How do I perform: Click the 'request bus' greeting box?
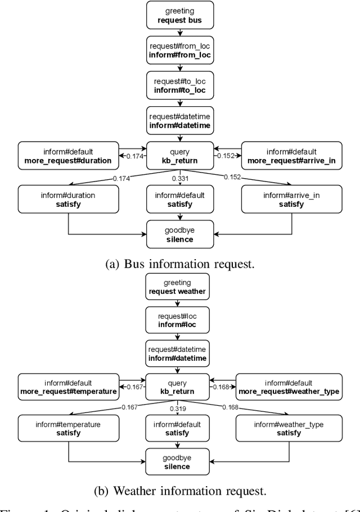(179, 15)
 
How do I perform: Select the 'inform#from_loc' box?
(179, 51)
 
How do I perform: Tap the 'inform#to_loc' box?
(179, 85)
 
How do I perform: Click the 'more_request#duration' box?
(67, 156)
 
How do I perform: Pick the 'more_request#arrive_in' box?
(291, 156)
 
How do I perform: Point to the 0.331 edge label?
(179, 179)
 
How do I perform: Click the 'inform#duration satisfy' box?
(67, 200)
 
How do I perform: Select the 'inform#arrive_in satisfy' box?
(291, 200)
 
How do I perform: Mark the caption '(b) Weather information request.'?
(179, 491)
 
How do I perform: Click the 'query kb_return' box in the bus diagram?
(179, 156)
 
